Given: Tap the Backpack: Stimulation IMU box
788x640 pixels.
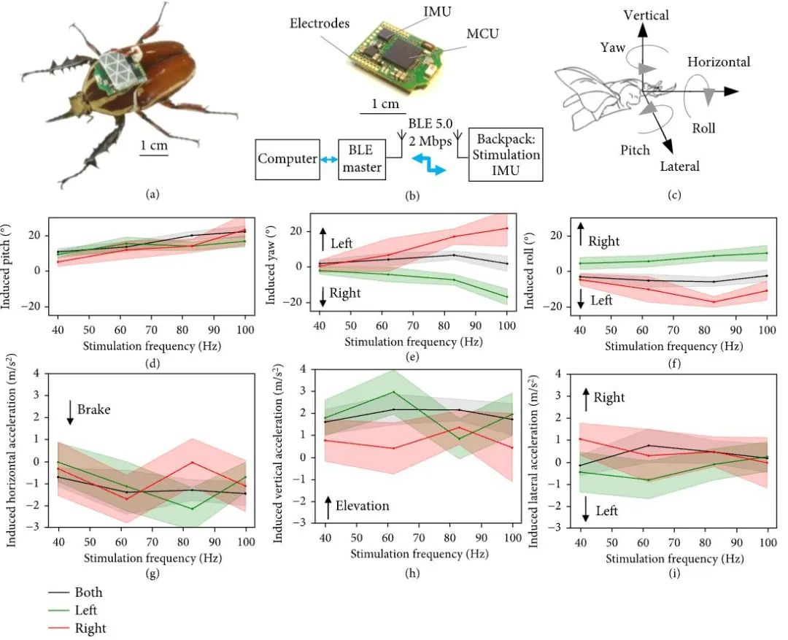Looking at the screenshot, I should (506, 155).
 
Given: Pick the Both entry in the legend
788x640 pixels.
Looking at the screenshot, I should (88, 592).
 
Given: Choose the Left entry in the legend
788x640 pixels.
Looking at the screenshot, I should (85, 609).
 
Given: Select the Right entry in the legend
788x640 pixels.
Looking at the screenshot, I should (90, 628).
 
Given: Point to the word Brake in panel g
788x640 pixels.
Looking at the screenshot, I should (94, 409).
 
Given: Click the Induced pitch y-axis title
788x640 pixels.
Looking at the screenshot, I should (13, 266).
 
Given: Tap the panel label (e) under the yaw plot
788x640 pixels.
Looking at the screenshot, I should (413, 357).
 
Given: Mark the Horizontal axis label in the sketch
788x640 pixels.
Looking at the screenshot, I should (719, 62).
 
